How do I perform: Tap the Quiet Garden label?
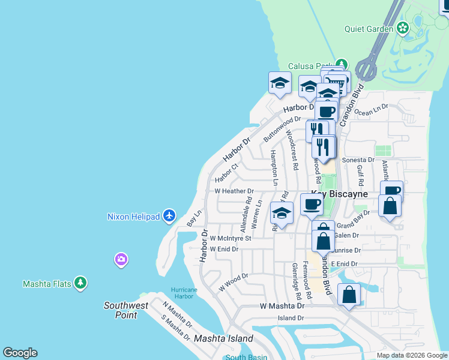point(368,28)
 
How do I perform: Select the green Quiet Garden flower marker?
point(402,28)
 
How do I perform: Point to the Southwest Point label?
point(125,310)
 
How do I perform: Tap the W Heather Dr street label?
point(235,191)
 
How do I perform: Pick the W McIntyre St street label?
point(231,238)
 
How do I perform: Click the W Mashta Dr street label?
point(282,305)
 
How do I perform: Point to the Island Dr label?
point(291,318)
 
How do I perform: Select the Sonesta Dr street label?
point(358,160)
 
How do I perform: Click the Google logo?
point(20,353)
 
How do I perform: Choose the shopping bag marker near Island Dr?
point(349,295)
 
